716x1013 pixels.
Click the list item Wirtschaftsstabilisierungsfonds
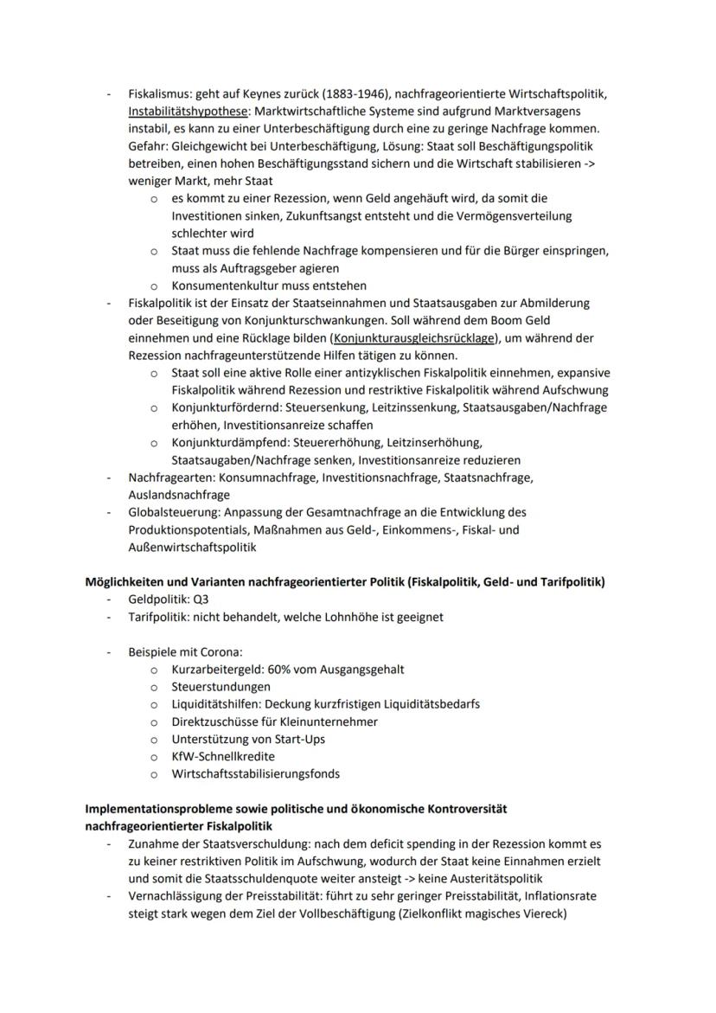coord(255,774)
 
